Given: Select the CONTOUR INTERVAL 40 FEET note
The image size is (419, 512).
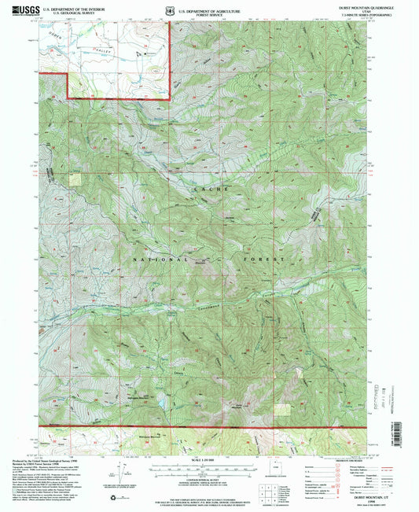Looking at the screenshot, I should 208,473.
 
